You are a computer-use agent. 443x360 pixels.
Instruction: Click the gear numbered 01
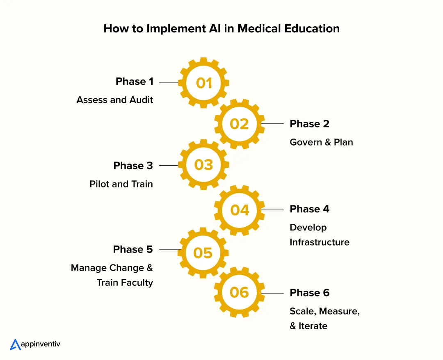click(203, 83)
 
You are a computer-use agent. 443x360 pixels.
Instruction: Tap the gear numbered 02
click(240, 124)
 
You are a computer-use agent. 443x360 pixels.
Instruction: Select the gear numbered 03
click(203, 165)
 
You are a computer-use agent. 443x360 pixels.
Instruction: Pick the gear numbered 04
click(240, 210)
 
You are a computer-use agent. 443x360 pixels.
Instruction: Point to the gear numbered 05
click(203, 253)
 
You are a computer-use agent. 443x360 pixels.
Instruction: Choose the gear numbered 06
click(240, 292)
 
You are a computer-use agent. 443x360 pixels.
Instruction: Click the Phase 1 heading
click(135, 82)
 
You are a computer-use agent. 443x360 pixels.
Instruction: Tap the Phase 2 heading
click(309, 124)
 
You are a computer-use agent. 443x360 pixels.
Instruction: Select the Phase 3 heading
click(133, 166)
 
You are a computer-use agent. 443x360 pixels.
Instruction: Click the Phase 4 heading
click(309, 209)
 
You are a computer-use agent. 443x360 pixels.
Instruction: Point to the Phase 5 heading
click(133, 249)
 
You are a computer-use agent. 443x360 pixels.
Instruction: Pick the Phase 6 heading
click(309, 293)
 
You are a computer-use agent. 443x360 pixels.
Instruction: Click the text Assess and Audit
click(115, 100)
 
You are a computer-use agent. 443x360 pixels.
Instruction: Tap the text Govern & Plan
click(321, 142)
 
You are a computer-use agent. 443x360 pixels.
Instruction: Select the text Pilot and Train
click(121, 184)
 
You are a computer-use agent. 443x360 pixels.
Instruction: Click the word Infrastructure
click(320, 242)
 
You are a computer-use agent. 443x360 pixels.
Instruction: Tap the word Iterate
click(313, 326)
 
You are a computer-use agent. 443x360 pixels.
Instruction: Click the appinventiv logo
click(35, 344)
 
